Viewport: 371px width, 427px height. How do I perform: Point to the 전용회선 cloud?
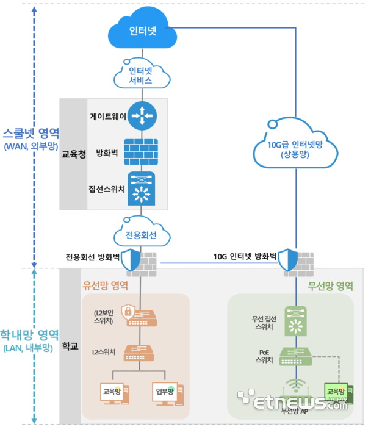141,234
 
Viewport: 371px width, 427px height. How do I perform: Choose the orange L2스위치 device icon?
141,352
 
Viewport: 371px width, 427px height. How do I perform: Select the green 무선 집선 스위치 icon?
297,322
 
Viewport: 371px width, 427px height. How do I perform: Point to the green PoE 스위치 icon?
297,356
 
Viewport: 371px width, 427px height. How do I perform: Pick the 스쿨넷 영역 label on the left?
31,132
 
